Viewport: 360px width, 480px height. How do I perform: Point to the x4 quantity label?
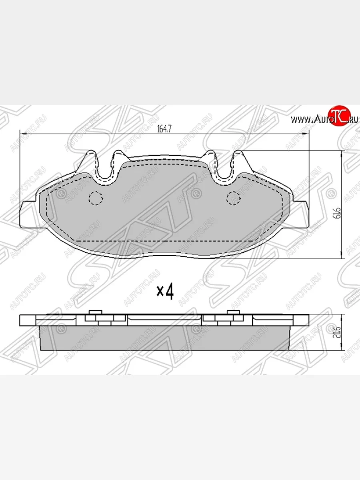click(x=165, y=292)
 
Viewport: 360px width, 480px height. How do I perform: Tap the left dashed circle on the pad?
click(x=96, y=197)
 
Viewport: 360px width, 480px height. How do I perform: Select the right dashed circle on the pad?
click(x=233, y=197)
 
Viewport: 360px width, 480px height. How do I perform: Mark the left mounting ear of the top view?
click(x=29, y=215)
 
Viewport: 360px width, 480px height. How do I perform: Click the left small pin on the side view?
click(x=94, y=312)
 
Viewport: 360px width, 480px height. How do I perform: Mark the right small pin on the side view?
click(x=232, y=312)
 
